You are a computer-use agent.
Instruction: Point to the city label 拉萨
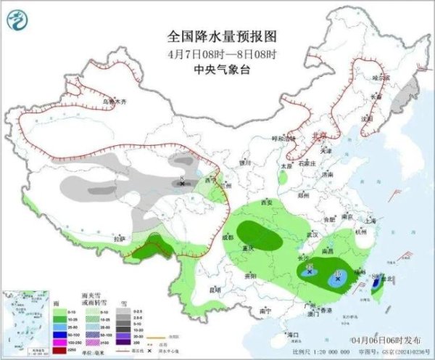(120, 237)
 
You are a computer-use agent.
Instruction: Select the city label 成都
(228, 237)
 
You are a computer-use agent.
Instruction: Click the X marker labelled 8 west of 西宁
(181, 184)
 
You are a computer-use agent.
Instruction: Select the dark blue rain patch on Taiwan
(376, 287)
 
